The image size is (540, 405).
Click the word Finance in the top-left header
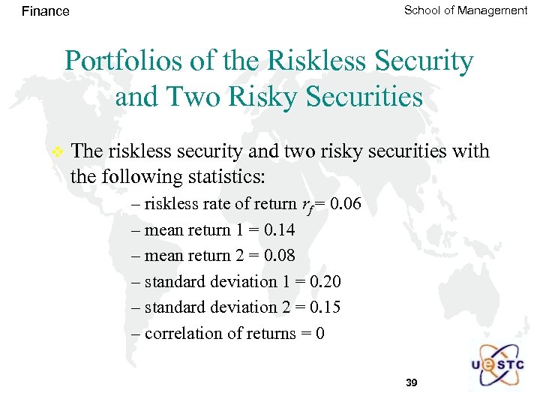click(x=45, y=11)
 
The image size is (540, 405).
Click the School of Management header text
click(x=465, y=10)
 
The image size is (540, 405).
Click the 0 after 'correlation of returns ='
click(x=320, y=333)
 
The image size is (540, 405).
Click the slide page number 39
click(x=411, y=382)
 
